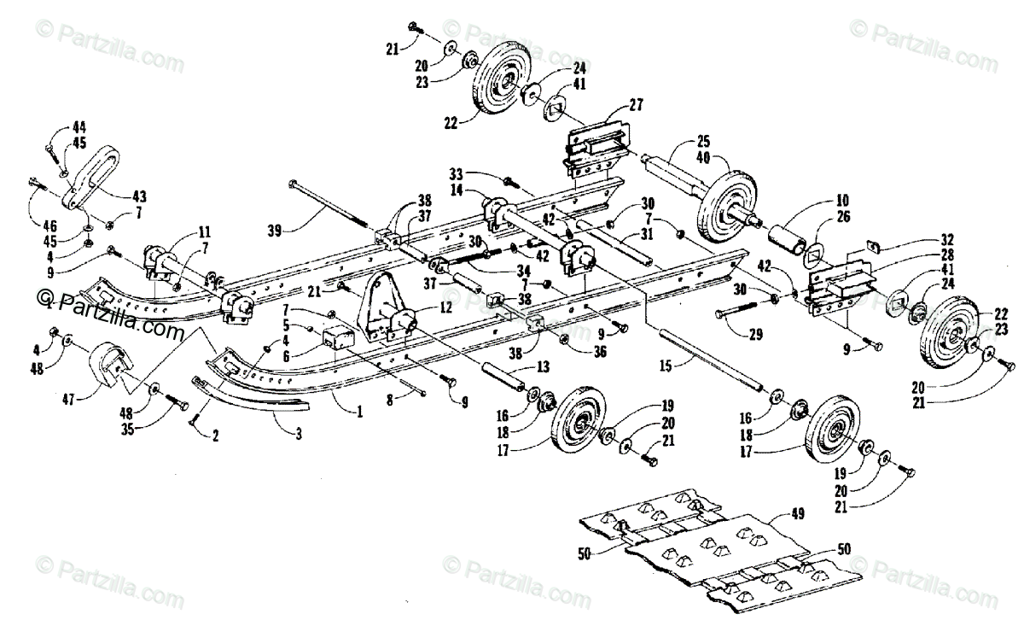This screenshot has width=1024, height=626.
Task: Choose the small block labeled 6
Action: [337, 338]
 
